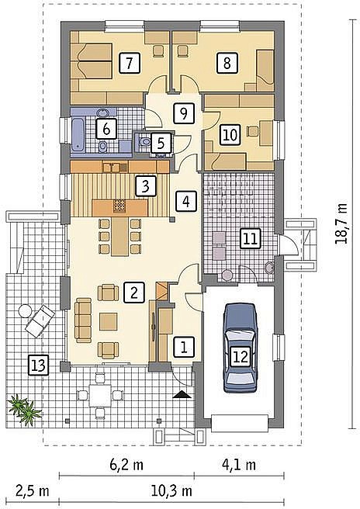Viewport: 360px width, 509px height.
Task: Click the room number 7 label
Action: (130, 63)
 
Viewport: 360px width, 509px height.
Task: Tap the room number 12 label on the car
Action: (241, 357)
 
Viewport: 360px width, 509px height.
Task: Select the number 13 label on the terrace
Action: (38, 365)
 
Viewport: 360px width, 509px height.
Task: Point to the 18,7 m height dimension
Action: (341, 223)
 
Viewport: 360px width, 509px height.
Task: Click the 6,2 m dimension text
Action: (126, 465)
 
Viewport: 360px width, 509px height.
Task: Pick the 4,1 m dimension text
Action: (239, 465)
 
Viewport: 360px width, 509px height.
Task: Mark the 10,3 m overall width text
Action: (171, 491)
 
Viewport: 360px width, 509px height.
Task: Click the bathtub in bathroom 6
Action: (78, 135)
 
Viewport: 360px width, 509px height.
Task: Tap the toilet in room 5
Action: (144, 142)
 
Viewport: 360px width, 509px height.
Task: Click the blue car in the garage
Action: (240, 348)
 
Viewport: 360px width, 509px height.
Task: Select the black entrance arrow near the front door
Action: (182, 394)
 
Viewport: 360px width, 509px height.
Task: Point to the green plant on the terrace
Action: (25, 409)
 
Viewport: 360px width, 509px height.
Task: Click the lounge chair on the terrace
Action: (40, 320)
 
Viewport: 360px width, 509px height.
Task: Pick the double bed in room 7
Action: (92, 61)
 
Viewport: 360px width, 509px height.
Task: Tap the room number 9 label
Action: (184, 113)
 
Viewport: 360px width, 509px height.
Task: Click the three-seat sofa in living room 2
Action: (83, 320)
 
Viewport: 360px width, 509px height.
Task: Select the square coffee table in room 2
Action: (109, 321)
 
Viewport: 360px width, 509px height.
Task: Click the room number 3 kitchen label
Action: (146, 186)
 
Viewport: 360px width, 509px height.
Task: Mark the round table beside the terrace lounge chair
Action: (25, 311)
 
